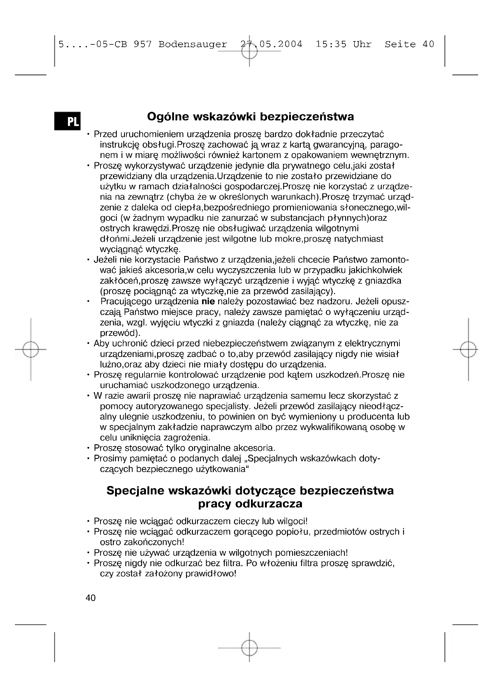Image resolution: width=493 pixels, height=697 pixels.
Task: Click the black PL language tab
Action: tap(67, 121)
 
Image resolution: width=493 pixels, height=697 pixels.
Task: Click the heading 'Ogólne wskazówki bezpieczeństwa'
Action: tap(250, 117)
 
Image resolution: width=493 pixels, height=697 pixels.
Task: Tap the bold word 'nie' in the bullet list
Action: tap(208, 302)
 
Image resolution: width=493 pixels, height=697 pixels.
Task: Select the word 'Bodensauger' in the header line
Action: tap(193, 45)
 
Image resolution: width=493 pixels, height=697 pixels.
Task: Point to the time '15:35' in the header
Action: tap(331, 45)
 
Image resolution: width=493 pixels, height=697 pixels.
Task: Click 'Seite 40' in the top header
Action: tap(409, 45)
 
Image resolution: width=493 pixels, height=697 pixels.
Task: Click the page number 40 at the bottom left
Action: tap(91, 598)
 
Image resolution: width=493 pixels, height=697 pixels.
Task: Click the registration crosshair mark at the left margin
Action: tap(31, 350)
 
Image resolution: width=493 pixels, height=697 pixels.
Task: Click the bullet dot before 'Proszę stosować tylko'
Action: tap(88, 448)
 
